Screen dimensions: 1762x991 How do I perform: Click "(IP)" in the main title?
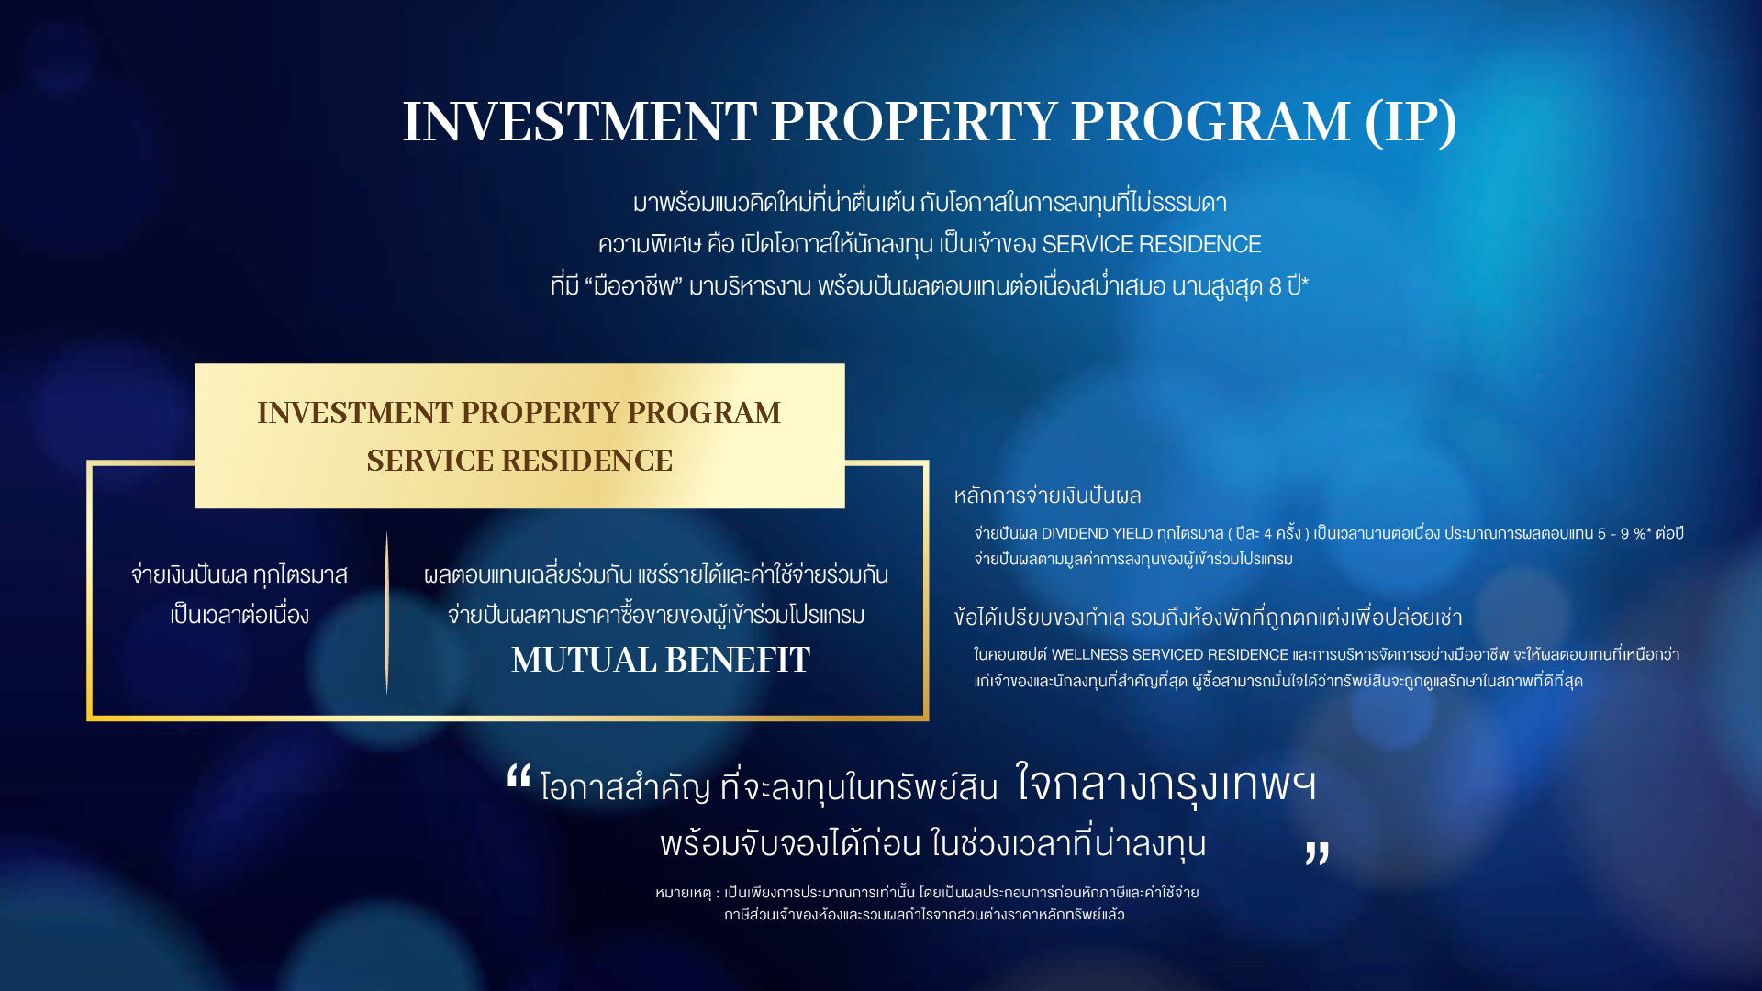coord(1411,121)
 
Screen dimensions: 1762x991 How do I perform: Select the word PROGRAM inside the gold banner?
coord(704,413)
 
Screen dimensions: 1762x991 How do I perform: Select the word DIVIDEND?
coord(1075,534)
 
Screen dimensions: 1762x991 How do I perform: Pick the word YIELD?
coord(1132,534)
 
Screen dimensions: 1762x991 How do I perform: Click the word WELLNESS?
coord(1089,655)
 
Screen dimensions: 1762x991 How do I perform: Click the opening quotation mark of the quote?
coord(519,777)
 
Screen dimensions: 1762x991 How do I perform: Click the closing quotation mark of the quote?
coord(1317,853)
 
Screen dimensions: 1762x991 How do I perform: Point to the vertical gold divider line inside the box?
coord(386,613)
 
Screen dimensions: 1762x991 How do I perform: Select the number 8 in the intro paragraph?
coord(1275,286)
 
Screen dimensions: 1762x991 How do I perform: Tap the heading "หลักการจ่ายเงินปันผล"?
coord(1047,495)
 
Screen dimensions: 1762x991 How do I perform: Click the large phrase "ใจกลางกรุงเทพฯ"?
coord(1166,785)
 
